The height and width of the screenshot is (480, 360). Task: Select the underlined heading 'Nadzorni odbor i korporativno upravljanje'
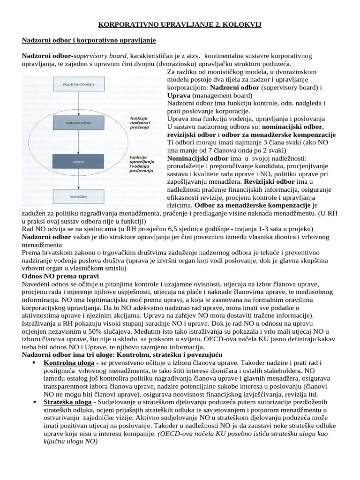[x=89, y=40]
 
